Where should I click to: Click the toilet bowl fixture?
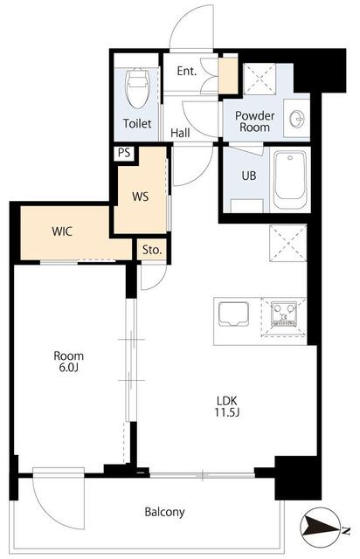point(136,88)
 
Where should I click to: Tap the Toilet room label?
point(137,123)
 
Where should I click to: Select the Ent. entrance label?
point(187,71)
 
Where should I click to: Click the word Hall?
point(180,133)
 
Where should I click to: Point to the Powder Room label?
point(255,121)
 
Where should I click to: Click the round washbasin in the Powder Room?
point(297,118)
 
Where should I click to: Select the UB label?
point(249,176)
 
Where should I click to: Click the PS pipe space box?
point(124,154)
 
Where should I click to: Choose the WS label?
point(140,197)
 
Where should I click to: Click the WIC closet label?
point(62,231)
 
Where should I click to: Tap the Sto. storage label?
point(152,250)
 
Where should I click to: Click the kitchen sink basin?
point(233,314)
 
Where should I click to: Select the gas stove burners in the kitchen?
point(284,314)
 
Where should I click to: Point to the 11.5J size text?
point(227,412)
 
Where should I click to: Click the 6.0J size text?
point(68,367)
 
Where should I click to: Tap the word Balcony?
point(164,513)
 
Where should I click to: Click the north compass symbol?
point(320,528)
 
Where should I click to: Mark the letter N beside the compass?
point(345,531)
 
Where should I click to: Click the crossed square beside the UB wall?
point(288,243)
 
